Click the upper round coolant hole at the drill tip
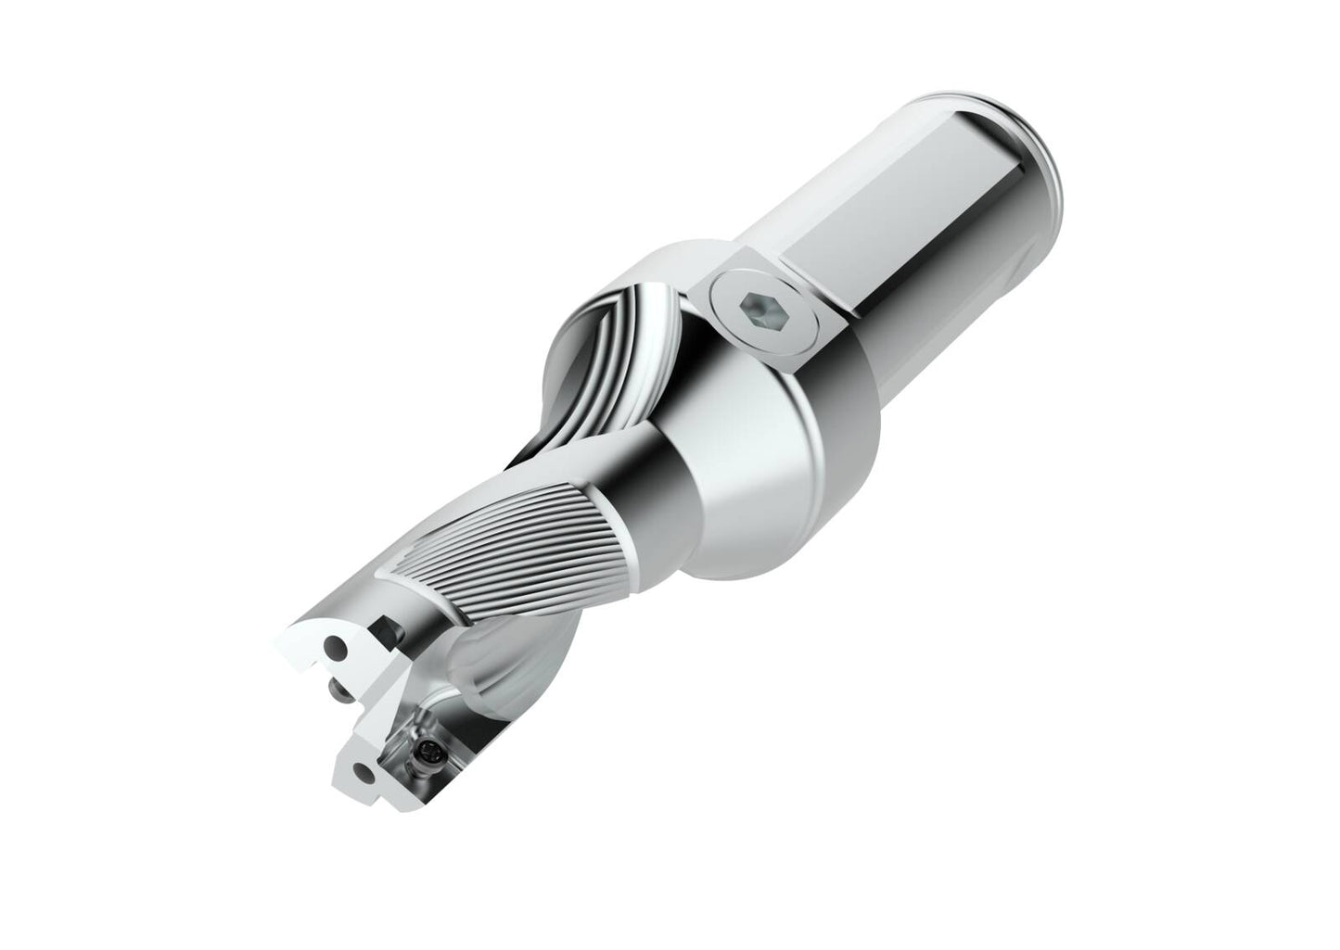[336, 644]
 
